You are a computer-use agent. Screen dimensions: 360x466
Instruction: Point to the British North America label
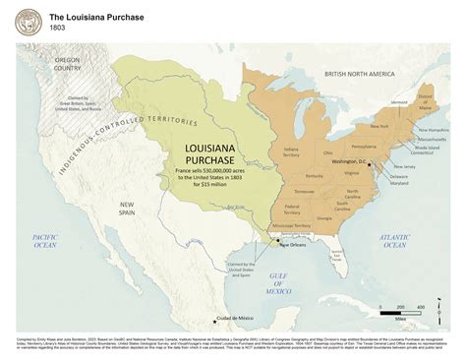click(363, 73)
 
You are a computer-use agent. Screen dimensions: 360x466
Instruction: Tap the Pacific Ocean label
click(46, 243)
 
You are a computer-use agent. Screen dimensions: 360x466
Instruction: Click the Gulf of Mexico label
click(280, 282)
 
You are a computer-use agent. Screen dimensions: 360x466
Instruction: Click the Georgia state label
click(325, 218)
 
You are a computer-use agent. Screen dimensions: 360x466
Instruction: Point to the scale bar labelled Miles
click(400, 311)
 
